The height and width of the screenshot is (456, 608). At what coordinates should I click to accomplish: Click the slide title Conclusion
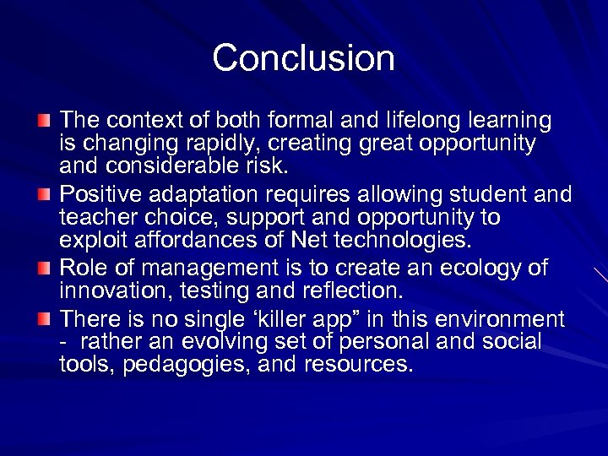click(x=303, y=58)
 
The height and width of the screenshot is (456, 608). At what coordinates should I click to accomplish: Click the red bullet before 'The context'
click(x=44, y=121)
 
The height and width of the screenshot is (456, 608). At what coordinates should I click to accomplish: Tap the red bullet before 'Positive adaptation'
click(x=44, y=195)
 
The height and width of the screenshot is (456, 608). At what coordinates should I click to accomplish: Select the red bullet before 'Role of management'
click(x=44, y=269)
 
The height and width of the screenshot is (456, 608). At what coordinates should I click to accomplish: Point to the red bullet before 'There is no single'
click(x=44, y=319)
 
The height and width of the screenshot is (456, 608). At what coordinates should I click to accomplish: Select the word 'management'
click(x=186, y=269)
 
